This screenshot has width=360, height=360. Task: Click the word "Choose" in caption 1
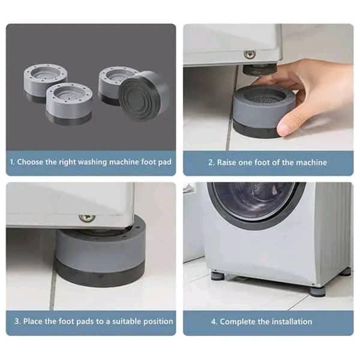coord(30,162)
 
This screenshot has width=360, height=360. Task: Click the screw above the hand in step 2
coord(250,55)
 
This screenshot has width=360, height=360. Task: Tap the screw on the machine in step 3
coord(87,217)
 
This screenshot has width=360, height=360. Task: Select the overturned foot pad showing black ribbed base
coord(144,95)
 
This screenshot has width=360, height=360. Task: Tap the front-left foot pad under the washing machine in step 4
coord(218,275)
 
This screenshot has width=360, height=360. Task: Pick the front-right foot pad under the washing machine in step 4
coord(318,291)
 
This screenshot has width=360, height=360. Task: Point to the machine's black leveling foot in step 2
coord(259,70)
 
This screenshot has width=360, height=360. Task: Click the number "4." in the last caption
coord(214,322)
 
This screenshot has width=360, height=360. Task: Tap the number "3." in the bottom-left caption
coord(17,321)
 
